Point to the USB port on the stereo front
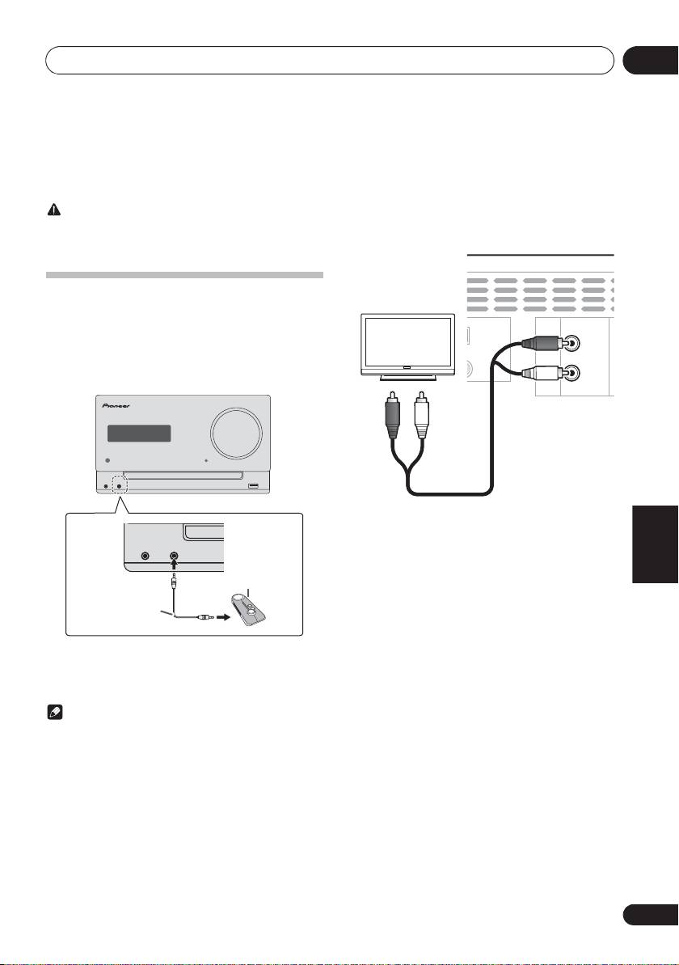click(254, 485)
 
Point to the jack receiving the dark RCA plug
click(571, 343)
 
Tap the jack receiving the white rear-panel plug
click(571, 373)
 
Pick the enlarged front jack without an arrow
click(145, 556)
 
